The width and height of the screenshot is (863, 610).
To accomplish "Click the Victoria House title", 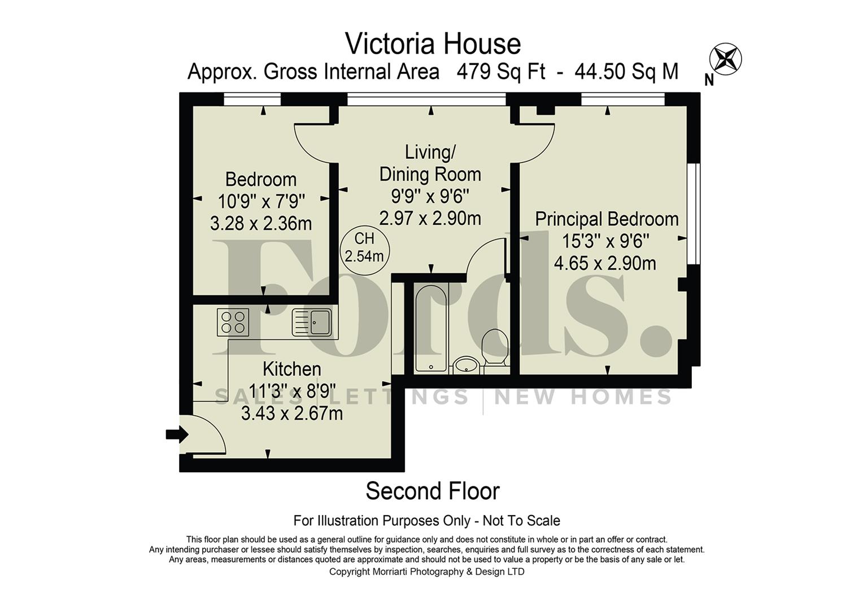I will click(x=433, y=44).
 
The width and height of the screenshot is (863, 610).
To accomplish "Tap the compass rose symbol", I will click(x=725, y=58).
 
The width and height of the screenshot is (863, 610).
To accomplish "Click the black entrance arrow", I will click(x=176, y=434).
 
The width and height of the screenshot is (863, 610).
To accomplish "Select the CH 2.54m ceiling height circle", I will click(x=364, y=247).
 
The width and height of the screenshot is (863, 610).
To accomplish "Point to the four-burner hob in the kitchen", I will click(x=233, y=323).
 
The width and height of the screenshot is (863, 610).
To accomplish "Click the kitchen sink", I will click(x=311, y=323).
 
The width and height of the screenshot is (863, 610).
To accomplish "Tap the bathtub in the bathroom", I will click(x=431, y=328).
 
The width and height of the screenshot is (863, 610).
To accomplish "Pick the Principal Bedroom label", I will click(x=607, y=219).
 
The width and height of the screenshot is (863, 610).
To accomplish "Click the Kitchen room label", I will click(x=291, y=369).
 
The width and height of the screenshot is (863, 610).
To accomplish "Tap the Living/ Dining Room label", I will click(x=430, y=163).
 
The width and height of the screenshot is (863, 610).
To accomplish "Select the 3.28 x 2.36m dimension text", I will click(x=261, y=224).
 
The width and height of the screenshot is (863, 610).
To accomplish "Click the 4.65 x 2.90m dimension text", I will click(x=605, y=264).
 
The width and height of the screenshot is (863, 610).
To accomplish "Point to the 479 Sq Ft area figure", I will click(x=501, y=72).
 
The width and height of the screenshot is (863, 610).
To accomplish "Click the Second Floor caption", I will click(x=433, y=491).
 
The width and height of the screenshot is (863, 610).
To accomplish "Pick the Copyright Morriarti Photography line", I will click(x=426, y=572).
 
